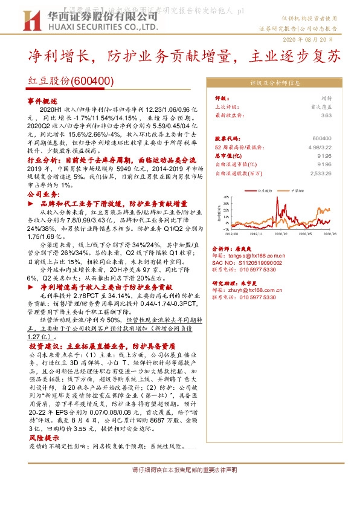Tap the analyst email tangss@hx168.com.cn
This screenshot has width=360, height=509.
click(x=251, y=256)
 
